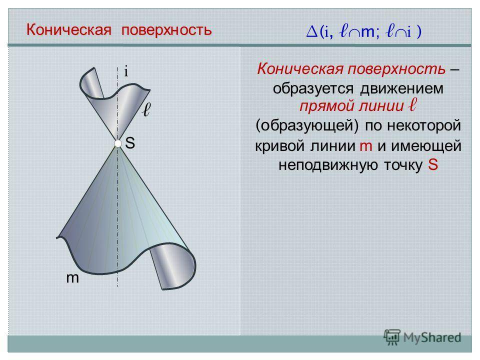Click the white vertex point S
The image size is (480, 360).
pyautogui.click(x=118, y=143)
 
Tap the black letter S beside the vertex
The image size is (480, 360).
pyautogui.click(x=130, y=143)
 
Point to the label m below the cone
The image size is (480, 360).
pyautogui.click(x=72, y=278)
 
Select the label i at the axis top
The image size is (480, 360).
pyautogui.click(x=126, y=71)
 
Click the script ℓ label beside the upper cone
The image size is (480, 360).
pyautogui.click(x=146, y=109)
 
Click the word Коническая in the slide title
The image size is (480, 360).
pyautogui.click(x=69, y=29)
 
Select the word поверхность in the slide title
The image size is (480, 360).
pyautogui.click(x=166, y=30)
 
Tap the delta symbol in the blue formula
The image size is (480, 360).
pyautogui.click(x=312, y=31)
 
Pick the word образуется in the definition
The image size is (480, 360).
pyautogui.click(x=313, y=89)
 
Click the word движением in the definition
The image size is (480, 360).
pyautogui.click(x=401, y=88)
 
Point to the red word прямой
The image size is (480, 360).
pyautogui.click(x=326, y=106)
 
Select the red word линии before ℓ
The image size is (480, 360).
pyautogui.click(x=381, y=106)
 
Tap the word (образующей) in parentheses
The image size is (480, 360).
pyautogui.click(x=307, y=125)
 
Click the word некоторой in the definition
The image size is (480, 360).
pyautogui.click(x=424, y=125)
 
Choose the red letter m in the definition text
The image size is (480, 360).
pyautogui.click(x=366, y=146)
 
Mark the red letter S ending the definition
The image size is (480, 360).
pyautogui.click(x=433, y=164)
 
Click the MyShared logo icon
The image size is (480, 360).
pyautogui.click(x=392, y=337)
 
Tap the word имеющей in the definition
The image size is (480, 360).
pyautogui.click(x=426, y=145)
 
